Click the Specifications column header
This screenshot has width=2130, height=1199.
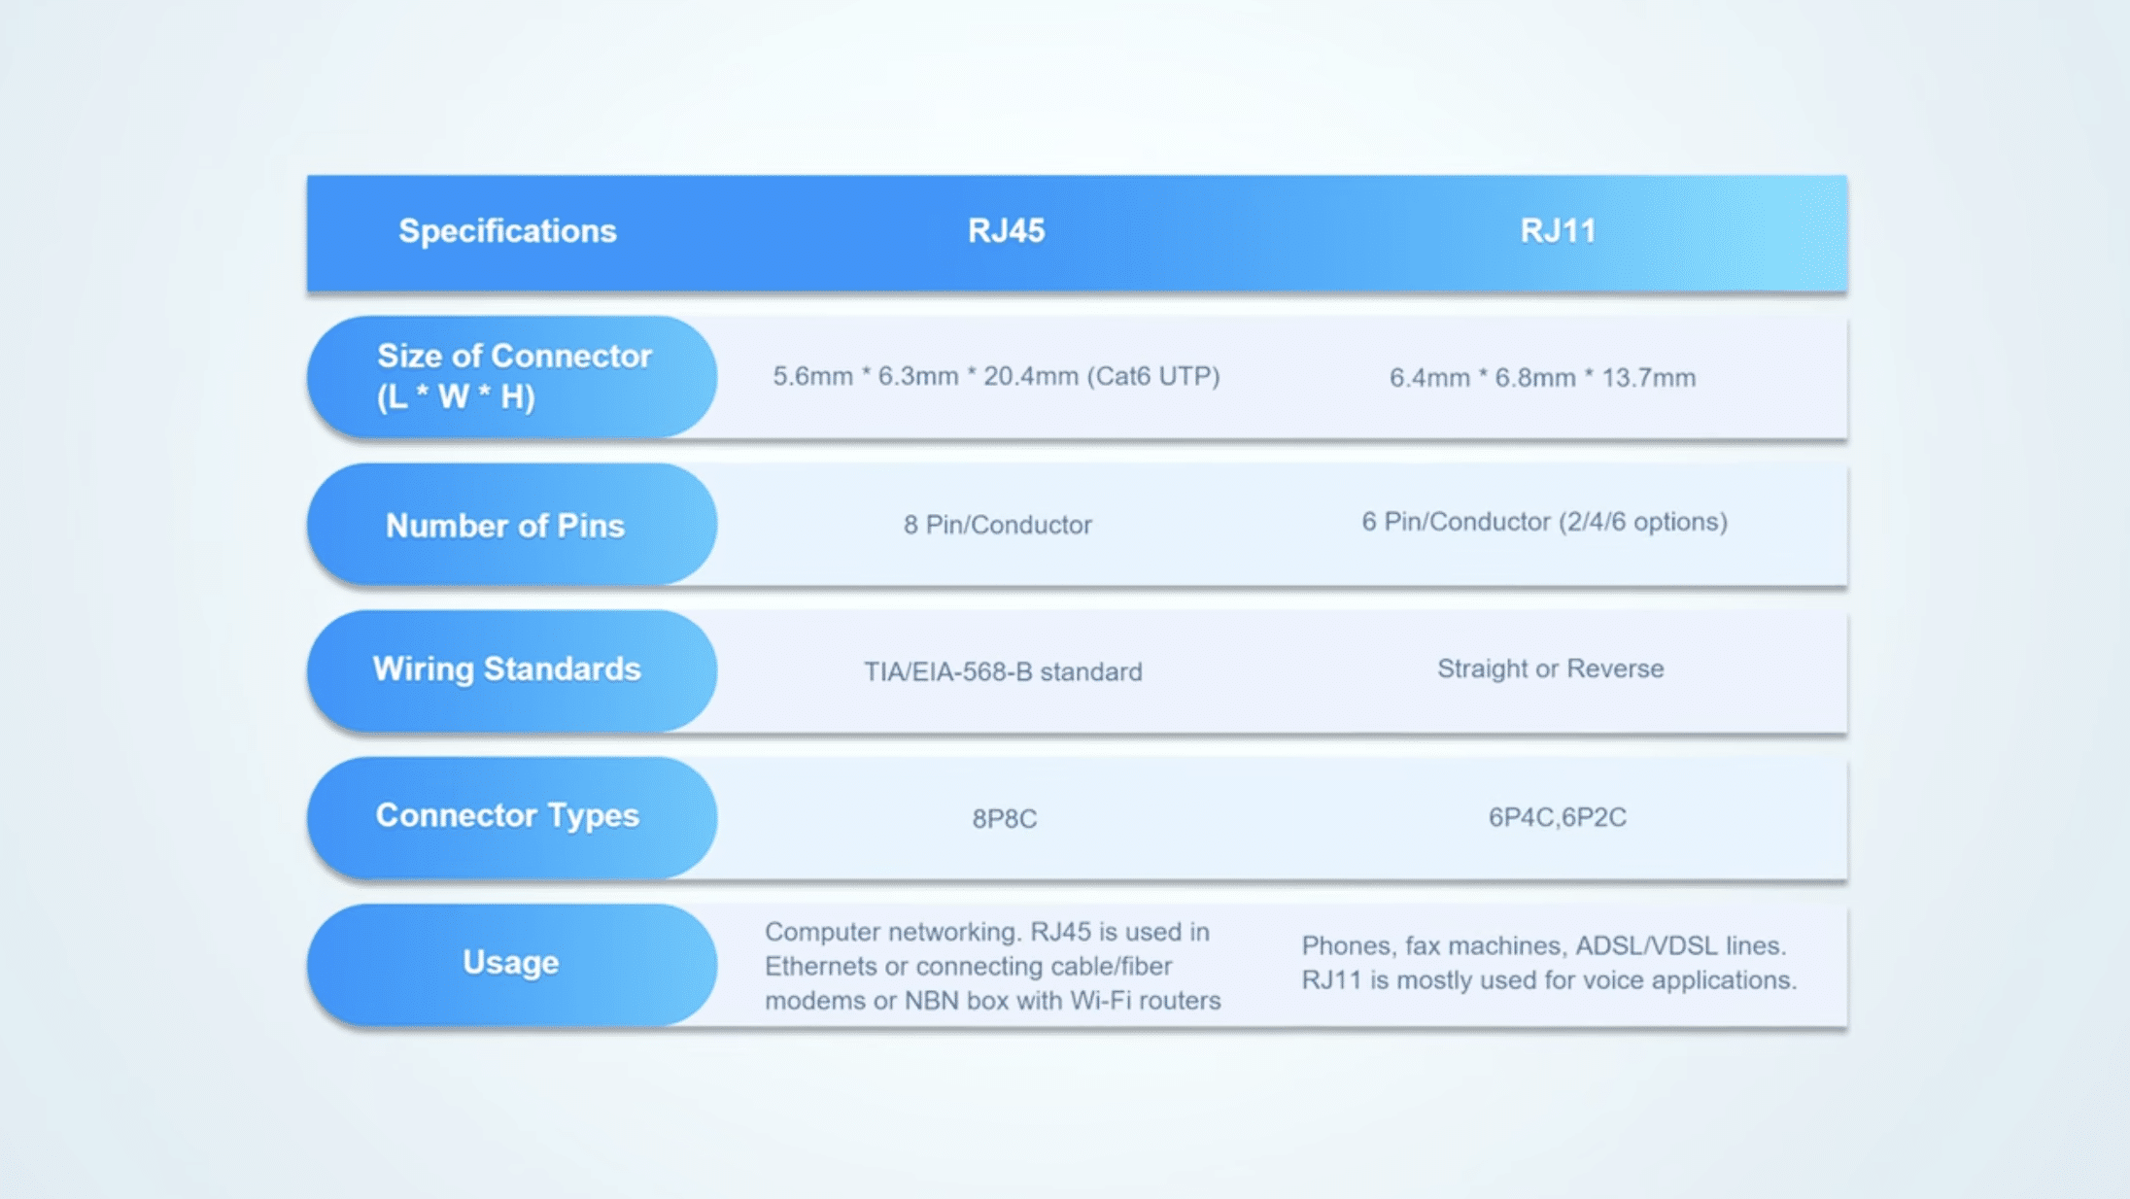tap(507, 231)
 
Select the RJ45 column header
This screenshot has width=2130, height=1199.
tap(1006, 231)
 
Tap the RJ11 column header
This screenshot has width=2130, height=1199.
tap(1558, 231)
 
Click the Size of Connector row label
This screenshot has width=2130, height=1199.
tap(512, 376)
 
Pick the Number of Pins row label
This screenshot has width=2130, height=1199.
tap(505, 526)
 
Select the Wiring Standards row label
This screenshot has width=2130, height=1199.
tap(506, 669)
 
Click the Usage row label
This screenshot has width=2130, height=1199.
tap(510, 963)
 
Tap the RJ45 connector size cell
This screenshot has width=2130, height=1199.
tap(995, 376)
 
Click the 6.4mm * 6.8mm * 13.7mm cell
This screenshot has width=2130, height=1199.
tap(1542, 378)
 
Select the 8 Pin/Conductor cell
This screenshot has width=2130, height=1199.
tap(997, 526)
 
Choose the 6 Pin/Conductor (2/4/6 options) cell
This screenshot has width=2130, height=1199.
tap(1544, 523)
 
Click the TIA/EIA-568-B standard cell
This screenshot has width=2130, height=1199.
tap(1003, 671)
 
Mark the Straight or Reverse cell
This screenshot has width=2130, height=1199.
tap(1550, 668)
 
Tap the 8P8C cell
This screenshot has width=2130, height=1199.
tap(1004, 819)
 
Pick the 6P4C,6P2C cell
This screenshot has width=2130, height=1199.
tap(1557, 817)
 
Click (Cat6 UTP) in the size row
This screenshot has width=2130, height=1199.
tap(1152, 376)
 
